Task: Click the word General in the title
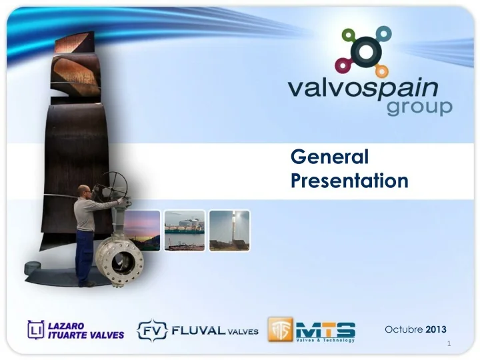330,157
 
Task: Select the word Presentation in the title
350,180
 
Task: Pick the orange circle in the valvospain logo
382,71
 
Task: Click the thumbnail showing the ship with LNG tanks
185,230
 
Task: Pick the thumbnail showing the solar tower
229,230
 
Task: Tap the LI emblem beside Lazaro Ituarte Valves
35,329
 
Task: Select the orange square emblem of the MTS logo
279,329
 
